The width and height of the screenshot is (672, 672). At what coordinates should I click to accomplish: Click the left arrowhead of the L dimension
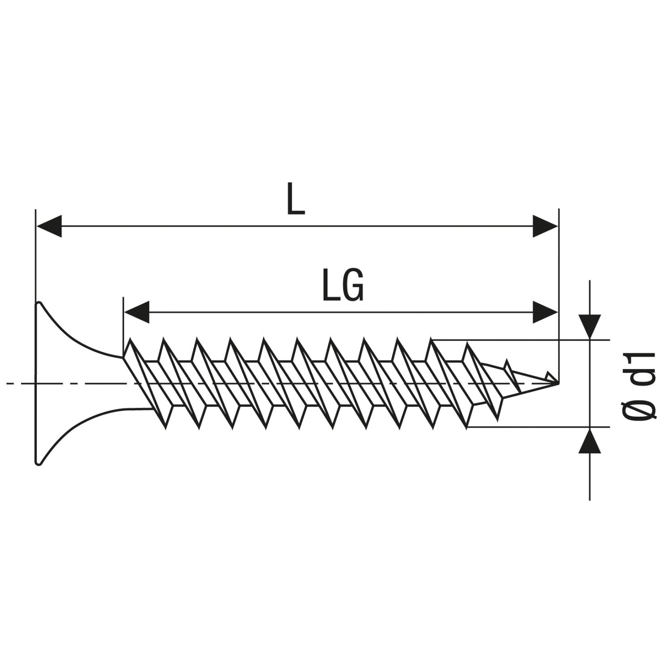pos(48,226)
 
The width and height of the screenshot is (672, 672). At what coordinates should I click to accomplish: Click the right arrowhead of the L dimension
pos(545,226)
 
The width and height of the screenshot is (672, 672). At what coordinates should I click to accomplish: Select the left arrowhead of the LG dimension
pos(137,312)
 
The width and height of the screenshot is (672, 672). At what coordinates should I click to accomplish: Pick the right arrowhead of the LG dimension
pos(545,312)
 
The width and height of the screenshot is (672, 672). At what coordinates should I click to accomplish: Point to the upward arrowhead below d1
pos(590,441)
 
